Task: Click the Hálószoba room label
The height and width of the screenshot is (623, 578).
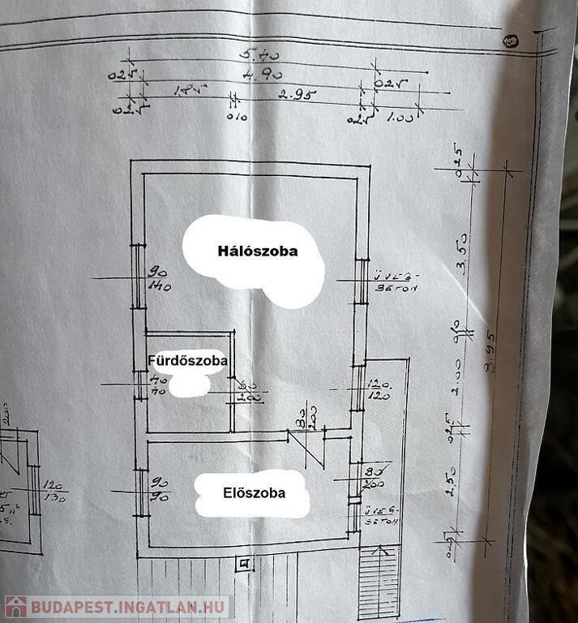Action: (x=257, y=251)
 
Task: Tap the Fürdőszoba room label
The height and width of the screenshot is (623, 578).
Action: (x=187, y=359)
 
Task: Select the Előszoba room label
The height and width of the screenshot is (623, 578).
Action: (x=254, y=492)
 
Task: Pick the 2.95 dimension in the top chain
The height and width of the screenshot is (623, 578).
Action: (x=297, y=95)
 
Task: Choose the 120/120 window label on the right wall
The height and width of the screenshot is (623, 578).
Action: (x=379, y=391)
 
